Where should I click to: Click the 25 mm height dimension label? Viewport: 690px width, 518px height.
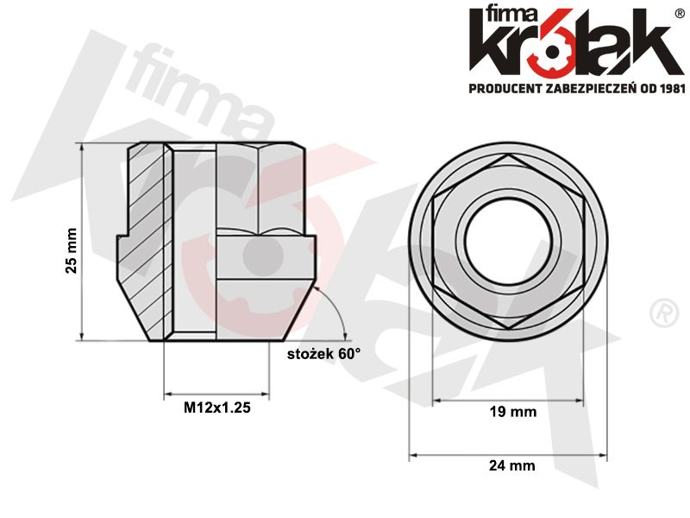71,251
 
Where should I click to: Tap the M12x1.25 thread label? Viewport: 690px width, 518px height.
216,409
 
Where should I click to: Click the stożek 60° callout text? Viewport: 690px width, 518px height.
323,354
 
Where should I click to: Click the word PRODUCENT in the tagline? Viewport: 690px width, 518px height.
505,88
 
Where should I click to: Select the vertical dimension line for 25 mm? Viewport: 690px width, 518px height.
82,242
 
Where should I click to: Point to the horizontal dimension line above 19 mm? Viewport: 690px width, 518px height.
507,401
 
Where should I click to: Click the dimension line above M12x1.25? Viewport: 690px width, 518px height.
216,397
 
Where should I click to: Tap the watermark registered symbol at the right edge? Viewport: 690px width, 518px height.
662,312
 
